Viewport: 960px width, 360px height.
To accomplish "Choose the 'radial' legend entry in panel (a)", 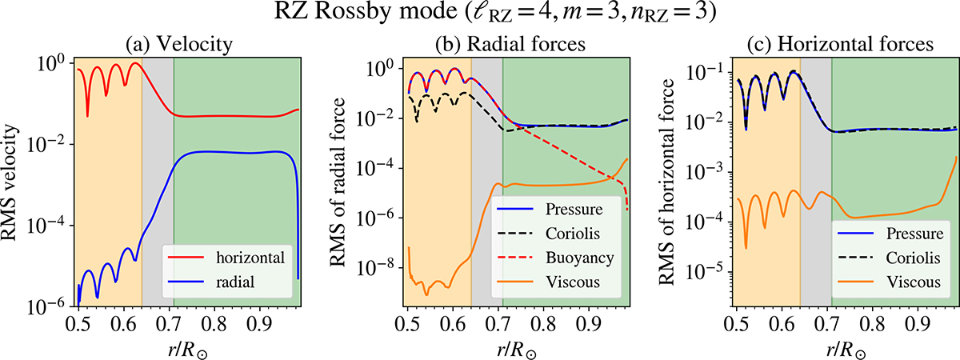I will point(235,277).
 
